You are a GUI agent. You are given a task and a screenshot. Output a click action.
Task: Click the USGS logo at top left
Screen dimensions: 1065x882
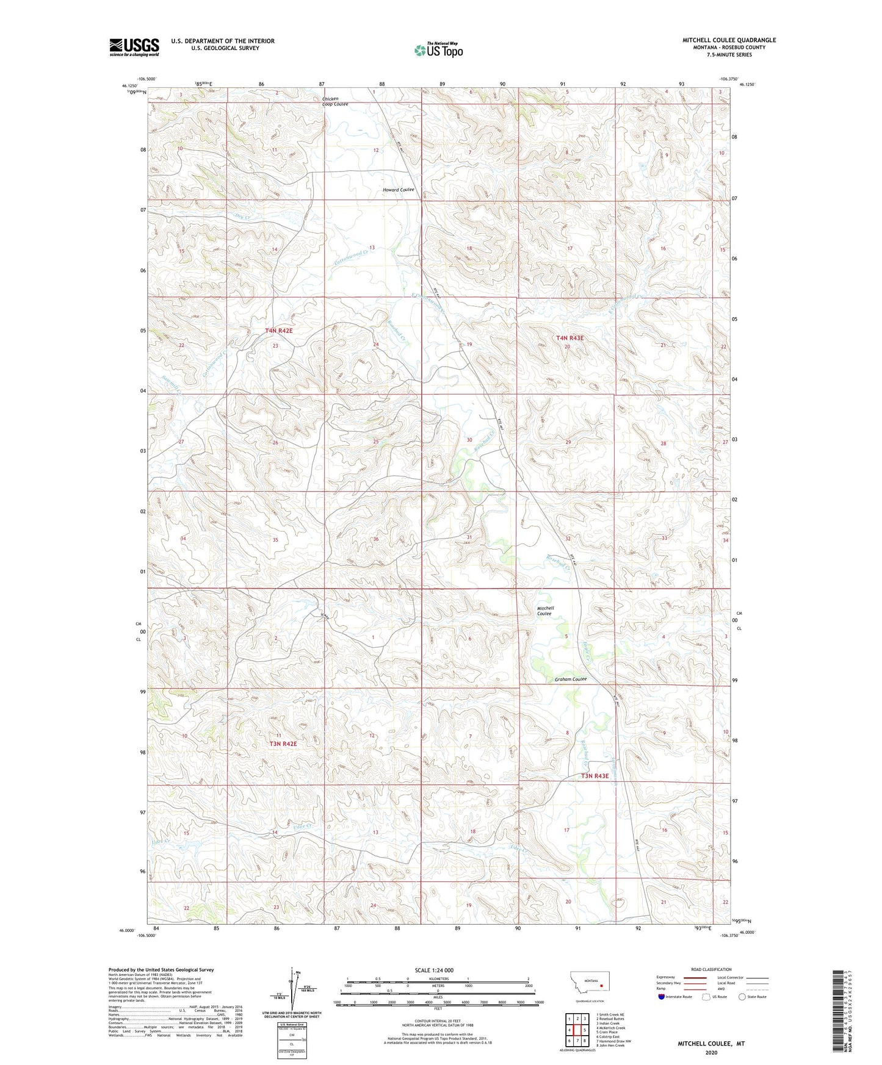point(134,46)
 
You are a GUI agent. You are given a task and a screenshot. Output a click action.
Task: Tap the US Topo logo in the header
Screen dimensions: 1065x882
point(438,50)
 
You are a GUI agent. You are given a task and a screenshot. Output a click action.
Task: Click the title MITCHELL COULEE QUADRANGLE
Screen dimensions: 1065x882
point(729,40)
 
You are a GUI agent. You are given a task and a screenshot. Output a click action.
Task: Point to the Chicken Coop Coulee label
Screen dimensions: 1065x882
point(335,101)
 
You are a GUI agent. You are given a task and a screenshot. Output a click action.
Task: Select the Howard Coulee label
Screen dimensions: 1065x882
point(398,190)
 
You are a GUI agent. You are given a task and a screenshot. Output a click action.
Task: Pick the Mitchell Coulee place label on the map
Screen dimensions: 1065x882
point(545,611)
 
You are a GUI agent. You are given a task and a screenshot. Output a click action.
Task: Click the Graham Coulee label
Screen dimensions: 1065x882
point(570,679)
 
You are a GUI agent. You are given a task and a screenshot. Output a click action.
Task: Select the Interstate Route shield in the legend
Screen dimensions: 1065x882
point(662,997)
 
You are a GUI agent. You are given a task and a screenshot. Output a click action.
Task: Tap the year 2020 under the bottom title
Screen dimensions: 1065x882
point(711,1053)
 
